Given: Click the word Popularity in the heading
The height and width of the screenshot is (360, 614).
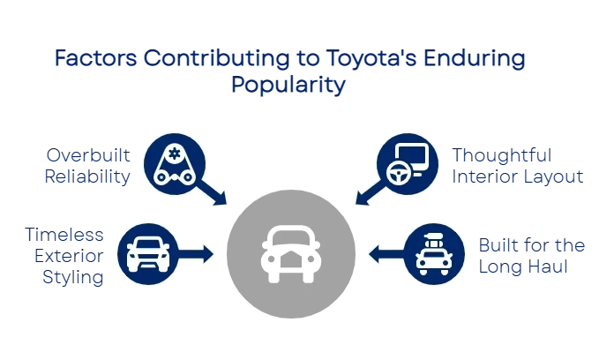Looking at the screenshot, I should coord(289,86).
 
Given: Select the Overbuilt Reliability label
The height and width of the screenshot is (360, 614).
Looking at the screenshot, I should coord(88,166).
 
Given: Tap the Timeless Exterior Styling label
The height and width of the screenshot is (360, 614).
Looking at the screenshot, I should coord(67,256).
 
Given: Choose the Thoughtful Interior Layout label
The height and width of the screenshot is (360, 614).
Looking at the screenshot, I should coord(518,166).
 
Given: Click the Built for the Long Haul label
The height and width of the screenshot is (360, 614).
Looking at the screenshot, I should coord(533,256).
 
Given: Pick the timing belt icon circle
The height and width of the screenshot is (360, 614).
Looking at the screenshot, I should coord(174,164).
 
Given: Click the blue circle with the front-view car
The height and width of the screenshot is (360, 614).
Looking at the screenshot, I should coord(147,254).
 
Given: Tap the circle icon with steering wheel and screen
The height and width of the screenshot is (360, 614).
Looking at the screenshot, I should coord(407,164).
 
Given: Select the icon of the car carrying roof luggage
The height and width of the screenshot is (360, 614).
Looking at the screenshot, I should coord(433,254).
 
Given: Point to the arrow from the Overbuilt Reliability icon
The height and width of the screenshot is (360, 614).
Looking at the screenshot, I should coord(214,191).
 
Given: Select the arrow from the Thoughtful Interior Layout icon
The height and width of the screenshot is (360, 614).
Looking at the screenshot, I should coord(367,191).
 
